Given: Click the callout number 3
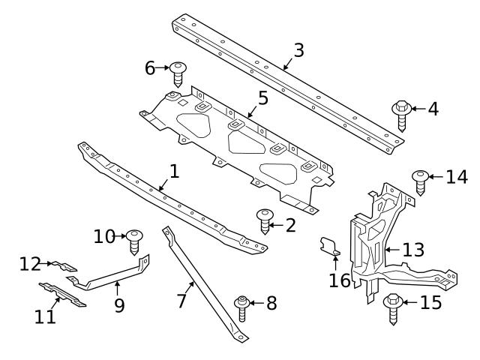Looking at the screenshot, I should [298, 50].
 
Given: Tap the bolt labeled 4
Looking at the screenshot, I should [400, 112].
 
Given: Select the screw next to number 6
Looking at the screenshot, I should [178, 72].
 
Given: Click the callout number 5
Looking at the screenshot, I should [262, 97].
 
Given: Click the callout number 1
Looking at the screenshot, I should [174, 172].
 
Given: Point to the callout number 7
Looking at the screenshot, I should [181, 301].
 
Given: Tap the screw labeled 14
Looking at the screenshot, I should [420, 181].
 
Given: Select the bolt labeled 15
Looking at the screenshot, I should [391, 306].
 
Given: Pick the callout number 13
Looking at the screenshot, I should [413, 250].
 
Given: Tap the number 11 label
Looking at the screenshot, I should [45, 317].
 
